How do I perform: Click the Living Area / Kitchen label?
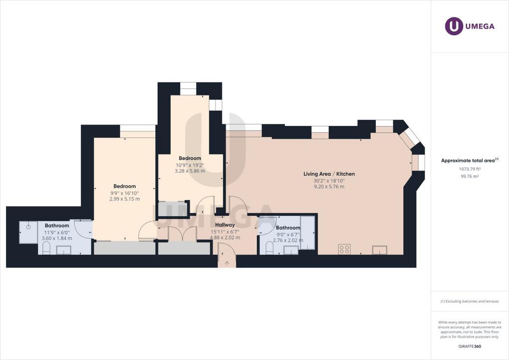329,174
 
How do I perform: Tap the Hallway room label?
225,225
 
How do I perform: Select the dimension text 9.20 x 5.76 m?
329,186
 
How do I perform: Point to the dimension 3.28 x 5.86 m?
190,171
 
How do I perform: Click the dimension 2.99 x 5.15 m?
125,199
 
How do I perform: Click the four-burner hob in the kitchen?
344,249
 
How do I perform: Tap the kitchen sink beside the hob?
379,250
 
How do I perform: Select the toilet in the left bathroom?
46,249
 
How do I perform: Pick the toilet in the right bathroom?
269,248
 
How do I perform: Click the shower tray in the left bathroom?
28,232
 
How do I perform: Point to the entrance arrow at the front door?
227,263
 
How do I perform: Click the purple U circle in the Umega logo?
454,26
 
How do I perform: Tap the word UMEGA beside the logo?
480,26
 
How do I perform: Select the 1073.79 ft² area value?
470,169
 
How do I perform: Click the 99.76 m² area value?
470,176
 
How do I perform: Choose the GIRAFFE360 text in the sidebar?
470,347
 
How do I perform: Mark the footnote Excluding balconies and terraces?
470,301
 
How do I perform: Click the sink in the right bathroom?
291,250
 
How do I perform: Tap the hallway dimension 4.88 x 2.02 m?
225,238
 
